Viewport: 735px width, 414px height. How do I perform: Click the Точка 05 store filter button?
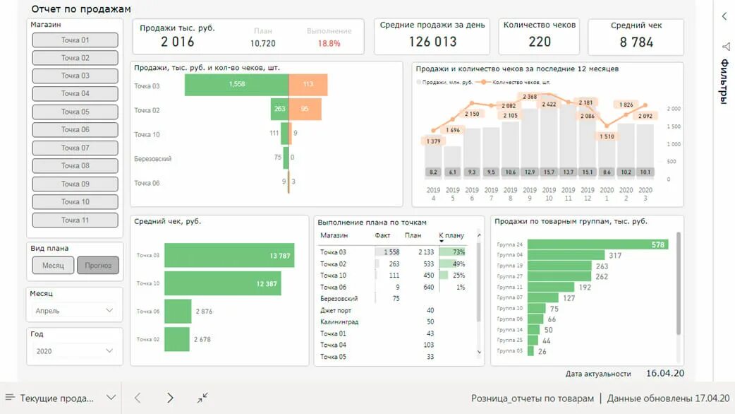click(x=75, y=112)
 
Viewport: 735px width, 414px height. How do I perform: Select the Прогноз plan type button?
click(x=98, y=266)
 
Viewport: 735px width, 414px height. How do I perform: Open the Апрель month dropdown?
click(x=75, y=310)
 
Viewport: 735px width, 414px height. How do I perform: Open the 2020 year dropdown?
click(x=75, y=351)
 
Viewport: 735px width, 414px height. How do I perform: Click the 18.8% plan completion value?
click(x=329, y=43)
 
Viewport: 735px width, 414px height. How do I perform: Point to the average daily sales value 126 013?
click(x=432, y=42)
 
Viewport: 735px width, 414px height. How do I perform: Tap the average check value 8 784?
click(x=636, y=42)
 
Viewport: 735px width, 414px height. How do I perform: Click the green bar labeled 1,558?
click(x=237, y=85)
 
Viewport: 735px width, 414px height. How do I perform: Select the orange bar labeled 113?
click(x=308, y=85)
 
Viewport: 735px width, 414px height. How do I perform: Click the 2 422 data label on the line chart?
click(x=549, y=105)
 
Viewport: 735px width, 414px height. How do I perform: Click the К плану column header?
click(x=451, y=236)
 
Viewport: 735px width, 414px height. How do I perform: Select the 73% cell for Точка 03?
click(x=452, y=252)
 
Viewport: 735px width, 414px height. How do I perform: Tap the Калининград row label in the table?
click(x=339, y=322)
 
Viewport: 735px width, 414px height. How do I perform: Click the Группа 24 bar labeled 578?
click(x=597, y=244)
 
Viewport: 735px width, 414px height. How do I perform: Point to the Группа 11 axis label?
click(x=509, y=288)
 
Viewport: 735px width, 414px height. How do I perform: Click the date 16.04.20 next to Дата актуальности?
click(x=664, y=373)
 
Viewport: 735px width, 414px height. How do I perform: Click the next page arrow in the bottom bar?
click(x=170, y=398)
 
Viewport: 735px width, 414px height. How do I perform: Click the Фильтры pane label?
click(x=724, y=81)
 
